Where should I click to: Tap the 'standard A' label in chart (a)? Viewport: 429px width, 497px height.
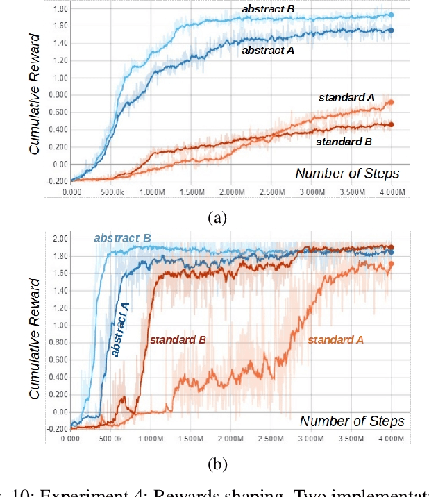[346, 98]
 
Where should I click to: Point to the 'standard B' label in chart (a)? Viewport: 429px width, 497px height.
[344, 142]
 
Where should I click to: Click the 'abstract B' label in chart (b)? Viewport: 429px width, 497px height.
[122, 239]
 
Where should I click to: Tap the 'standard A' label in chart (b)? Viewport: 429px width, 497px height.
[336, 340]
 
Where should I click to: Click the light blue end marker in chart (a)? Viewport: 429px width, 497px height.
[391, 15]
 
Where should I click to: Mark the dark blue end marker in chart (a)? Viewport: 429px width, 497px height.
[391, 31]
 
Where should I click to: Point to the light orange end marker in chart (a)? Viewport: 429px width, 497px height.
[391, 102]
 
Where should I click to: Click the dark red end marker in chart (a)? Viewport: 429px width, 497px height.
[391, 124]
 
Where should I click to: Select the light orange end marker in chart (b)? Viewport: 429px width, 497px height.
[391, 264]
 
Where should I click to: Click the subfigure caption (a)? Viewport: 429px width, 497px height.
[217, 217]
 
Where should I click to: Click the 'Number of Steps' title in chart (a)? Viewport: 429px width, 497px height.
[347, 174]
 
